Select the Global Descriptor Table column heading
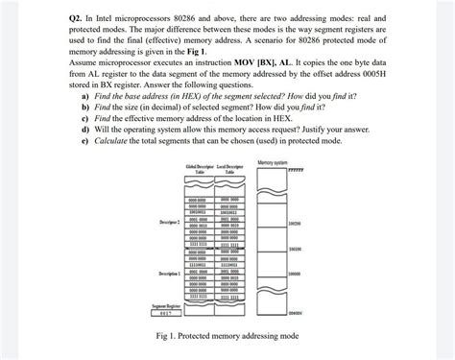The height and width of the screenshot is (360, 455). pos(199,171)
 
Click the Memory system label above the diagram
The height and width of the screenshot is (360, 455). pos(274,160)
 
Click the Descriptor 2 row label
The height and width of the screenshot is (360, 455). pos(160,222)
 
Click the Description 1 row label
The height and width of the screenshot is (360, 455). pos(160,275)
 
